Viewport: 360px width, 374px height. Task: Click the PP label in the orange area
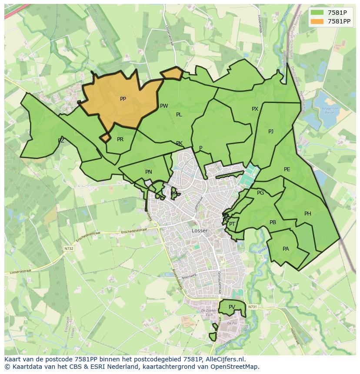(x=123, y=99)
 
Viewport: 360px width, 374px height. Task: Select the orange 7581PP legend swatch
(x=317, y=21)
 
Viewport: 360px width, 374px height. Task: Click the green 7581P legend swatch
(x=317, y=13)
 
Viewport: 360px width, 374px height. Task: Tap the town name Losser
(x=200, y=231)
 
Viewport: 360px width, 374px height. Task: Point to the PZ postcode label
(x=61, y=141)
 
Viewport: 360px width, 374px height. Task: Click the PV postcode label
(x=232, y=307)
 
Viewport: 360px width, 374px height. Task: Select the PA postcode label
(x=286, y=249)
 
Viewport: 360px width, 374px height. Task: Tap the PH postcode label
(x=308, y=214)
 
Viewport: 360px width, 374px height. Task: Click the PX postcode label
(x=255, y=109)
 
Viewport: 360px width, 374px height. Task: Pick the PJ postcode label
(x=271, y=132)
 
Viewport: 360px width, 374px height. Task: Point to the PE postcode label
(x=287, y=169)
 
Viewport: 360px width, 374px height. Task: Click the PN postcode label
(x=149, y=172)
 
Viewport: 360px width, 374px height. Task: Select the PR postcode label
(x=120, y=139)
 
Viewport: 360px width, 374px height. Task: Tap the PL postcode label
(x=179, y=115)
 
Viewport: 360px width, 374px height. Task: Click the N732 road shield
(x=69, y=248)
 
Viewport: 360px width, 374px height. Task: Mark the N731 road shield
(x=253, y=307)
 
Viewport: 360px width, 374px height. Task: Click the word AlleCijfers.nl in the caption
(x=225, y=359)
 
